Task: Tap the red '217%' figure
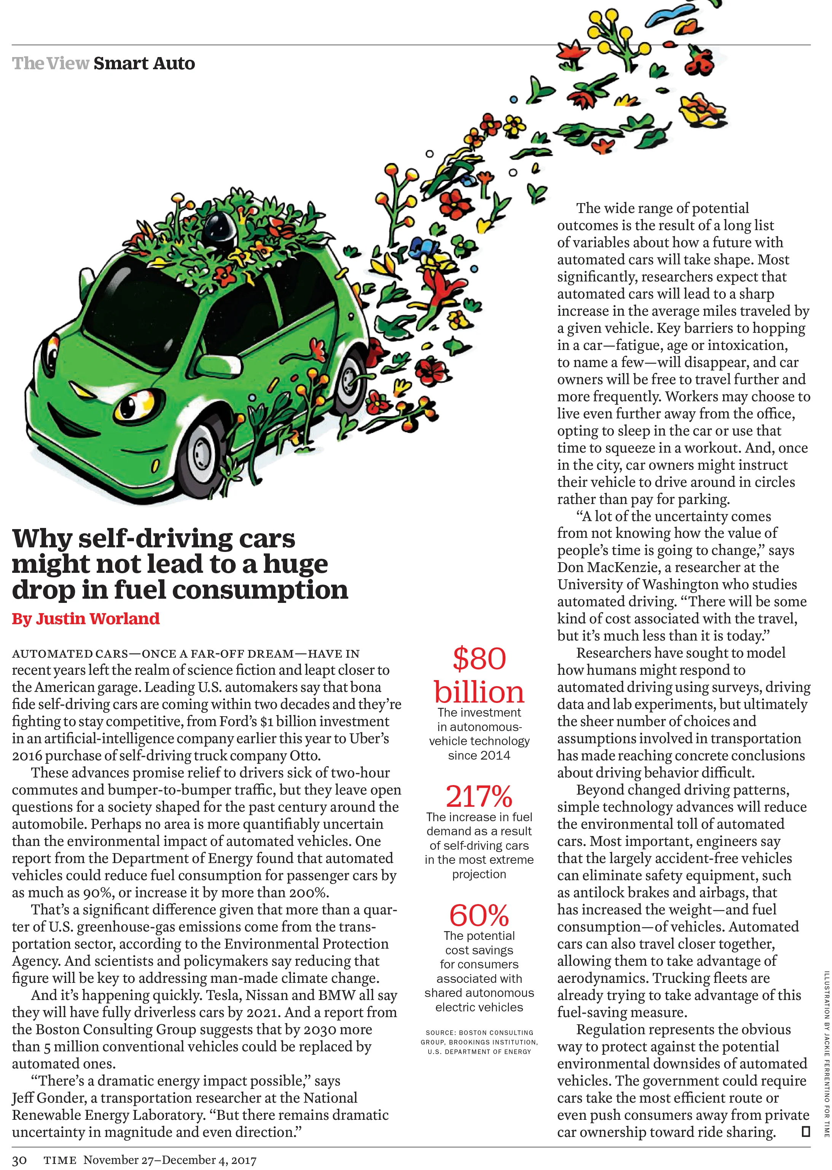pyautogui.click(x=479, y=796)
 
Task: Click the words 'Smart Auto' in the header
pyautogui.click(x=144, y=64)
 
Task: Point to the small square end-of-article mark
pyautogui.click(x=805, y=1132)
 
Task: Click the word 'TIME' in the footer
pyautogui.click(x=60, y=1160)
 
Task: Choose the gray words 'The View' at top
pyautogui.click(x=50, y=64)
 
